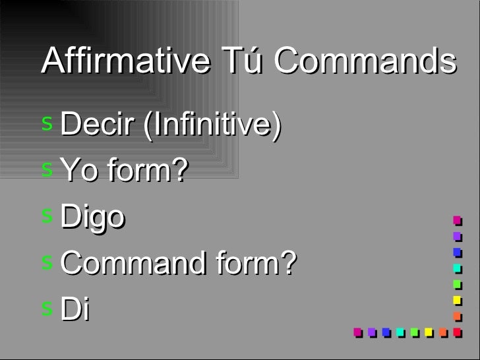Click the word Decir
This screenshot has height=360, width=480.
pos(95,124)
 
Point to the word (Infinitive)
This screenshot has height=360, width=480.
pos(208,124)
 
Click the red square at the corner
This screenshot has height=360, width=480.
pos(457,332)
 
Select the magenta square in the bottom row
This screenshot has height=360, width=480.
pos(357,332)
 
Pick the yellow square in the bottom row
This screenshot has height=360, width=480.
pos(429,332)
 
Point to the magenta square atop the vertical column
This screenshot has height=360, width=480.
pos(456,220)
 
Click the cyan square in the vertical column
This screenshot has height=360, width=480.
pos(456,268)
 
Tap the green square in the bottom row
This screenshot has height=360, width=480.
pos(414,332)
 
